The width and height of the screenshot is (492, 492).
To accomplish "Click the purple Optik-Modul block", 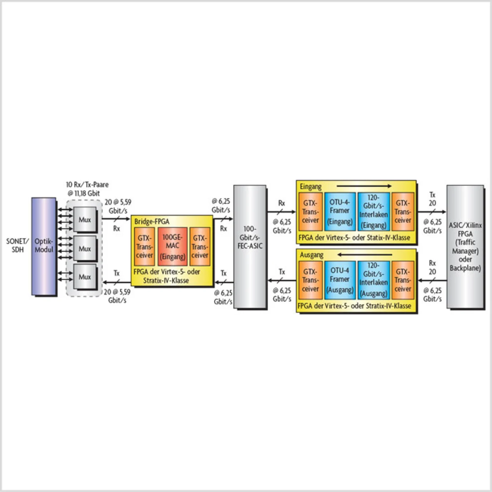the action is click(44, 246).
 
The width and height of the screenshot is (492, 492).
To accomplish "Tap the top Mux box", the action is click(85, 219).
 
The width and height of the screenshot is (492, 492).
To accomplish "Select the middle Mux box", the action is click(85, 248).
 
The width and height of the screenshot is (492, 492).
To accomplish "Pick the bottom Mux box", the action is click(85, 276).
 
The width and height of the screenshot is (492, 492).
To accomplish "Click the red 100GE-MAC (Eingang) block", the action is click(173, 246).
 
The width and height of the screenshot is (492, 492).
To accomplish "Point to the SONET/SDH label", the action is click(17, 245).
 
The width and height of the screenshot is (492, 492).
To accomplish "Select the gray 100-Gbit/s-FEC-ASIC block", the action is click(250, 246).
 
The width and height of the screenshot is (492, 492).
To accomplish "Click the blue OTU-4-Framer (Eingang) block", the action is click(340, 212).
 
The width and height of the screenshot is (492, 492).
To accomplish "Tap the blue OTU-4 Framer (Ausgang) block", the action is click(340, 280).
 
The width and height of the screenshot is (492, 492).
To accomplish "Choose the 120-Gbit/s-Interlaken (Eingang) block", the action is click(374, 212).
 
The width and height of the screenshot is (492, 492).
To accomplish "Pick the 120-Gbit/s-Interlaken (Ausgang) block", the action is click(374, 280).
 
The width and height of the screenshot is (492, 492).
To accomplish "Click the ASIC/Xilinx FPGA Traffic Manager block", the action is click(465, 246).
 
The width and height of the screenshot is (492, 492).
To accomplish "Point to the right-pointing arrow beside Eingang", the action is click(364, 186).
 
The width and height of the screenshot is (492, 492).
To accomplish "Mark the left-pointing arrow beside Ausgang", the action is click(365, 254).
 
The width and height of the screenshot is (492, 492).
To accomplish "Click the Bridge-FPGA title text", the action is click(152, 221).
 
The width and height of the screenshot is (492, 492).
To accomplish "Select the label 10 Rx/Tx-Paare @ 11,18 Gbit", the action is click(87, 189).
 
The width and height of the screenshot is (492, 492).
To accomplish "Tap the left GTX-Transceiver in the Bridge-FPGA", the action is click(145, 246).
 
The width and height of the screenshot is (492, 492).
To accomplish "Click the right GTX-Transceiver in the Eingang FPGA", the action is click(403, 212).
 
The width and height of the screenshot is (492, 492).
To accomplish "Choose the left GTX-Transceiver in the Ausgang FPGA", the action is click(311, 280).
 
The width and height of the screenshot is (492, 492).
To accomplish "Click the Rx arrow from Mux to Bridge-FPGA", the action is click(116, 219).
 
